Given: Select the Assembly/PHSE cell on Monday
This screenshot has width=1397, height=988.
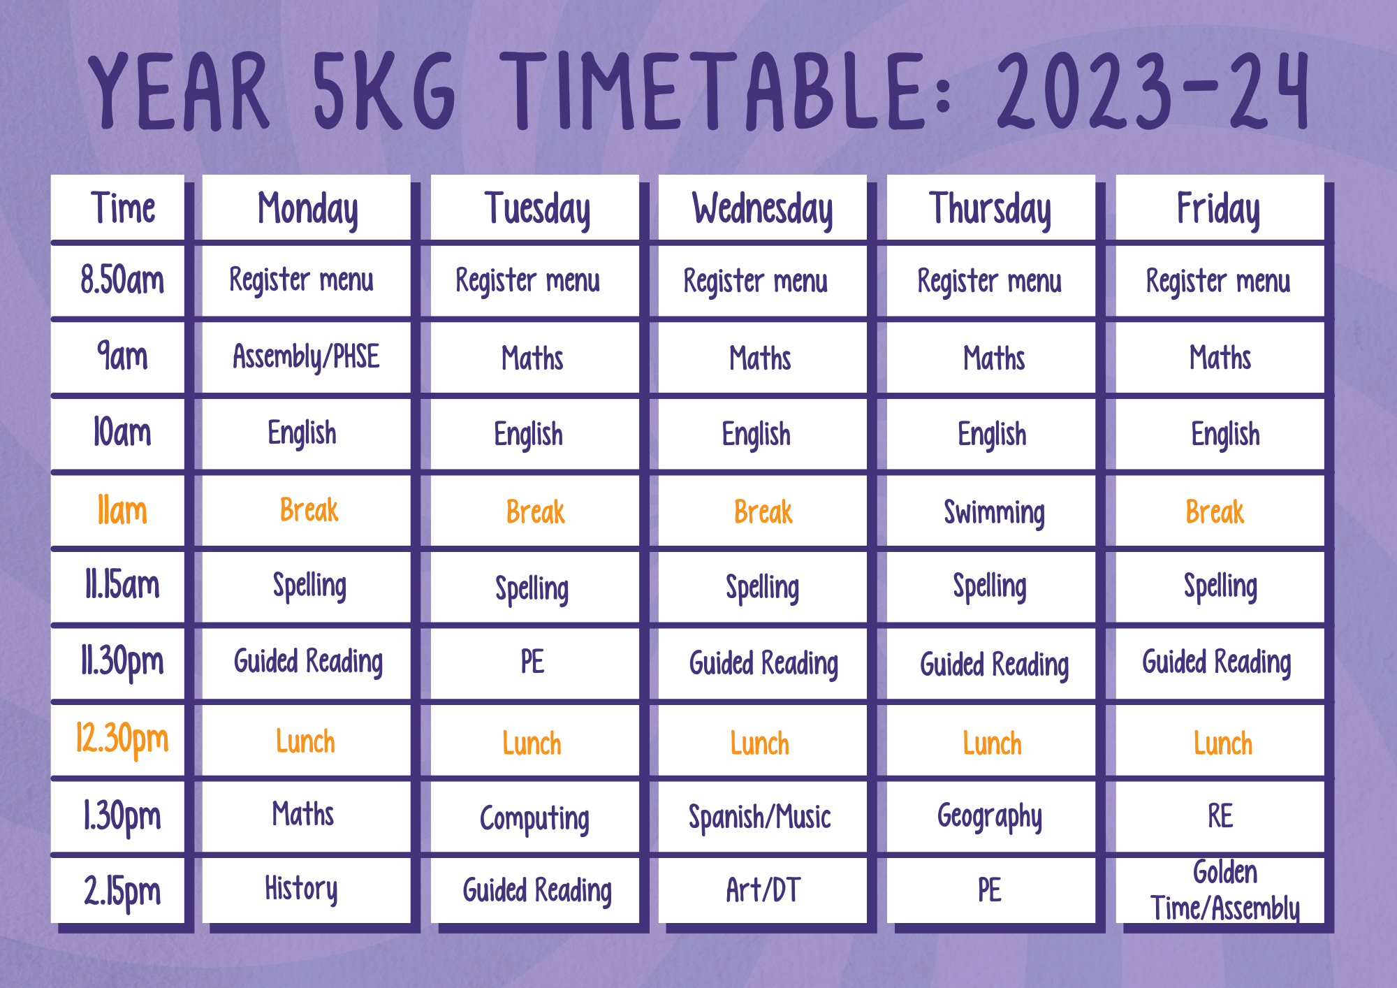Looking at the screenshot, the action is (306, 357).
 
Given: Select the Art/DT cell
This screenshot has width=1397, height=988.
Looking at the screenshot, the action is (763, 889).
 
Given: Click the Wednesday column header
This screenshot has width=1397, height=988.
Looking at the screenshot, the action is (763, 209).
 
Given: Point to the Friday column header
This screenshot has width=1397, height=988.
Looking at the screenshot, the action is (1219, 209).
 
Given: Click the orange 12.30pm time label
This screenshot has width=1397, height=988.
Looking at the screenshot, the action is (122, 740).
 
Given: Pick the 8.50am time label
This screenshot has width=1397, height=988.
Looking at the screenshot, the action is (122, 279).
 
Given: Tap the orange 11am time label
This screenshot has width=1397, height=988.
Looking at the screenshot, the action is (122, 510).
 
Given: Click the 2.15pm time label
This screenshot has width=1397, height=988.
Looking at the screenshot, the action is (122, 892).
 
